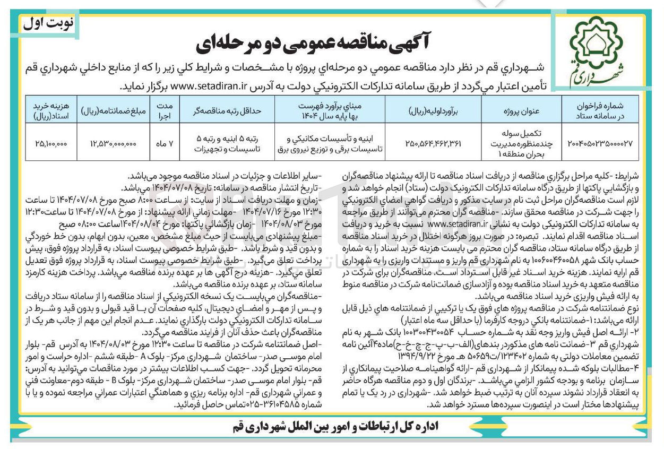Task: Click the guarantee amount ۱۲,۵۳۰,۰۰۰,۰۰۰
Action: click(113, 142)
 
